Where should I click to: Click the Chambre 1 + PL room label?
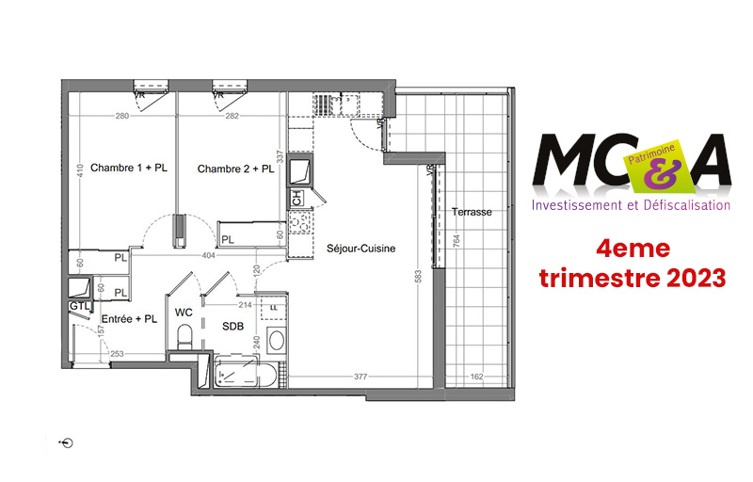pos(129,169)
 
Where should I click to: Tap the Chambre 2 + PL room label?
pos(235,169)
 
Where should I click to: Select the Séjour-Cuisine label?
pos(360,249)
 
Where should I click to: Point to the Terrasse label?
pos(471,212)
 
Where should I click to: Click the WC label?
pos(184,312)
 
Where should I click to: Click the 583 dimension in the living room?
pos(415,278)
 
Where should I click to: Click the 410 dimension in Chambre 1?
pos(82,169)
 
